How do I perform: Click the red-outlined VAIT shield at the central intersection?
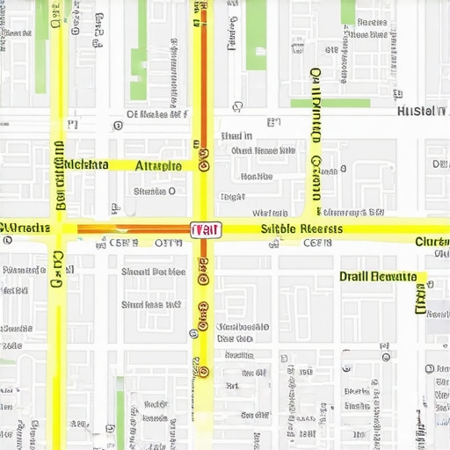(x=206, y=230)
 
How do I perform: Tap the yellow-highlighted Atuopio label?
(x=159, y=165)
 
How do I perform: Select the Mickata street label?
(x=86, y=164)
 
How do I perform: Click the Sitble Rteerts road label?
(x=302, y=229)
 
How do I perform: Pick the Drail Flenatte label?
(x=378, y=276)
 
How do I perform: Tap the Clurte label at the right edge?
(x=432, y=242)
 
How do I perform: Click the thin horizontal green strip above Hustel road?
(x=330, y=103)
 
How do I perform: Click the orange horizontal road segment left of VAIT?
(x=132, y=230)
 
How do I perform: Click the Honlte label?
(x=256, y=176)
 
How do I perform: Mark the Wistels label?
(x=270, y=213)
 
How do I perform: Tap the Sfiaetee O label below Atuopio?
(x=154, y=191)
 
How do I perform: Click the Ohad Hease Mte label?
(x=263, y=150)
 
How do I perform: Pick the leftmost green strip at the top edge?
(x=42, y=19)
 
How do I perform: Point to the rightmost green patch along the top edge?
(x=348, y=12)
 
